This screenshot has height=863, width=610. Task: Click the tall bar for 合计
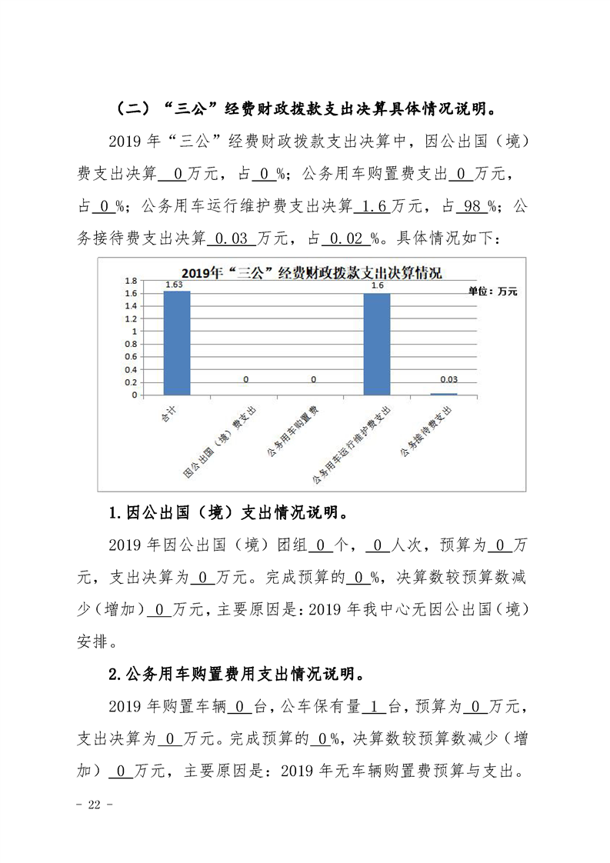point(177,343)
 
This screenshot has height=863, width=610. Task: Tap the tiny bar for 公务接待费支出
point(443,394)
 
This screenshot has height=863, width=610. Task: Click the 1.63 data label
point(175,285)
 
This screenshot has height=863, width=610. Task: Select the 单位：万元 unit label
point(493,292)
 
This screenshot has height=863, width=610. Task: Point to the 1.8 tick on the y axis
point(132,281)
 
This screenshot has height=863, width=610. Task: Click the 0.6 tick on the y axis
point(132,357)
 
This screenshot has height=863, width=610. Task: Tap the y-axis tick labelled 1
point(135,332)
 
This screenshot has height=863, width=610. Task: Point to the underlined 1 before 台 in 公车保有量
point(373,706)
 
